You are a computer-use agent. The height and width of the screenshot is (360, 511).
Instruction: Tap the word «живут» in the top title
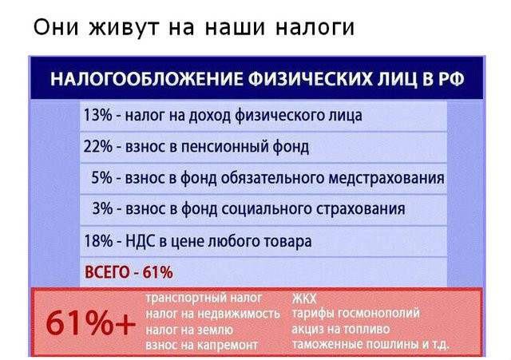125,27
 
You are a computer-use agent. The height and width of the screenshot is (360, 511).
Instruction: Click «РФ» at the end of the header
451,79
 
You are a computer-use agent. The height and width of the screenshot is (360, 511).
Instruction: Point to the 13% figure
97,115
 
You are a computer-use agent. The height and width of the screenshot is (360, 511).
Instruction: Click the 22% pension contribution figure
97,146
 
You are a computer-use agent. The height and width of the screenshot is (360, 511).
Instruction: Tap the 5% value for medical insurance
101,177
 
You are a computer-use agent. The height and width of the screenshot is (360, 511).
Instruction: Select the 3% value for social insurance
102,208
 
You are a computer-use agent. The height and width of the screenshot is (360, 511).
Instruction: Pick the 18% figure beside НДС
98,241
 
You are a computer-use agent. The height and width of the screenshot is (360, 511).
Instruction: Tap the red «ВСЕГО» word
107,272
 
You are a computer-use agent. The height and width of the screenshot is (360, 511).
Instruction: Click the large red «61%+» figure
90,322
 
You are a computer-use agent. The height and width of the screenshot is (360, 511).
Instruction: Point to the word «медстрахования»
386,178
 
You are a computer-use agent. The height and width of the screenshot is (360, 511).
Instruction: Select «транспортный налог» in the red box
204,298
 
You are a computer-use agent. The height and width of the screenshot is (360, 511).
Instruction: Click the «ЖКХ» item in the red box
304,299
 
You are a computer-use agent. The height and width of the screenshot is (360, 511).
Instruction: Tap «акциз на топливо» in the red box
341,329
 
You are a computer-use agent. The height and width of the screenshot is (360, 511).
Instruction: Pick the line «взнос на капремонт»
201,345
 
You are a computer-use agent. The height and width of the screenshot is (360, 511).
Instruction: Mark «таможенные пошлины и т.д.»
370,344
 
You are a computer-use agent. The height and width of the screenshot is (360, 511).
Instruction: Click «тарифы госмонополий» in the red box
355,314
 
